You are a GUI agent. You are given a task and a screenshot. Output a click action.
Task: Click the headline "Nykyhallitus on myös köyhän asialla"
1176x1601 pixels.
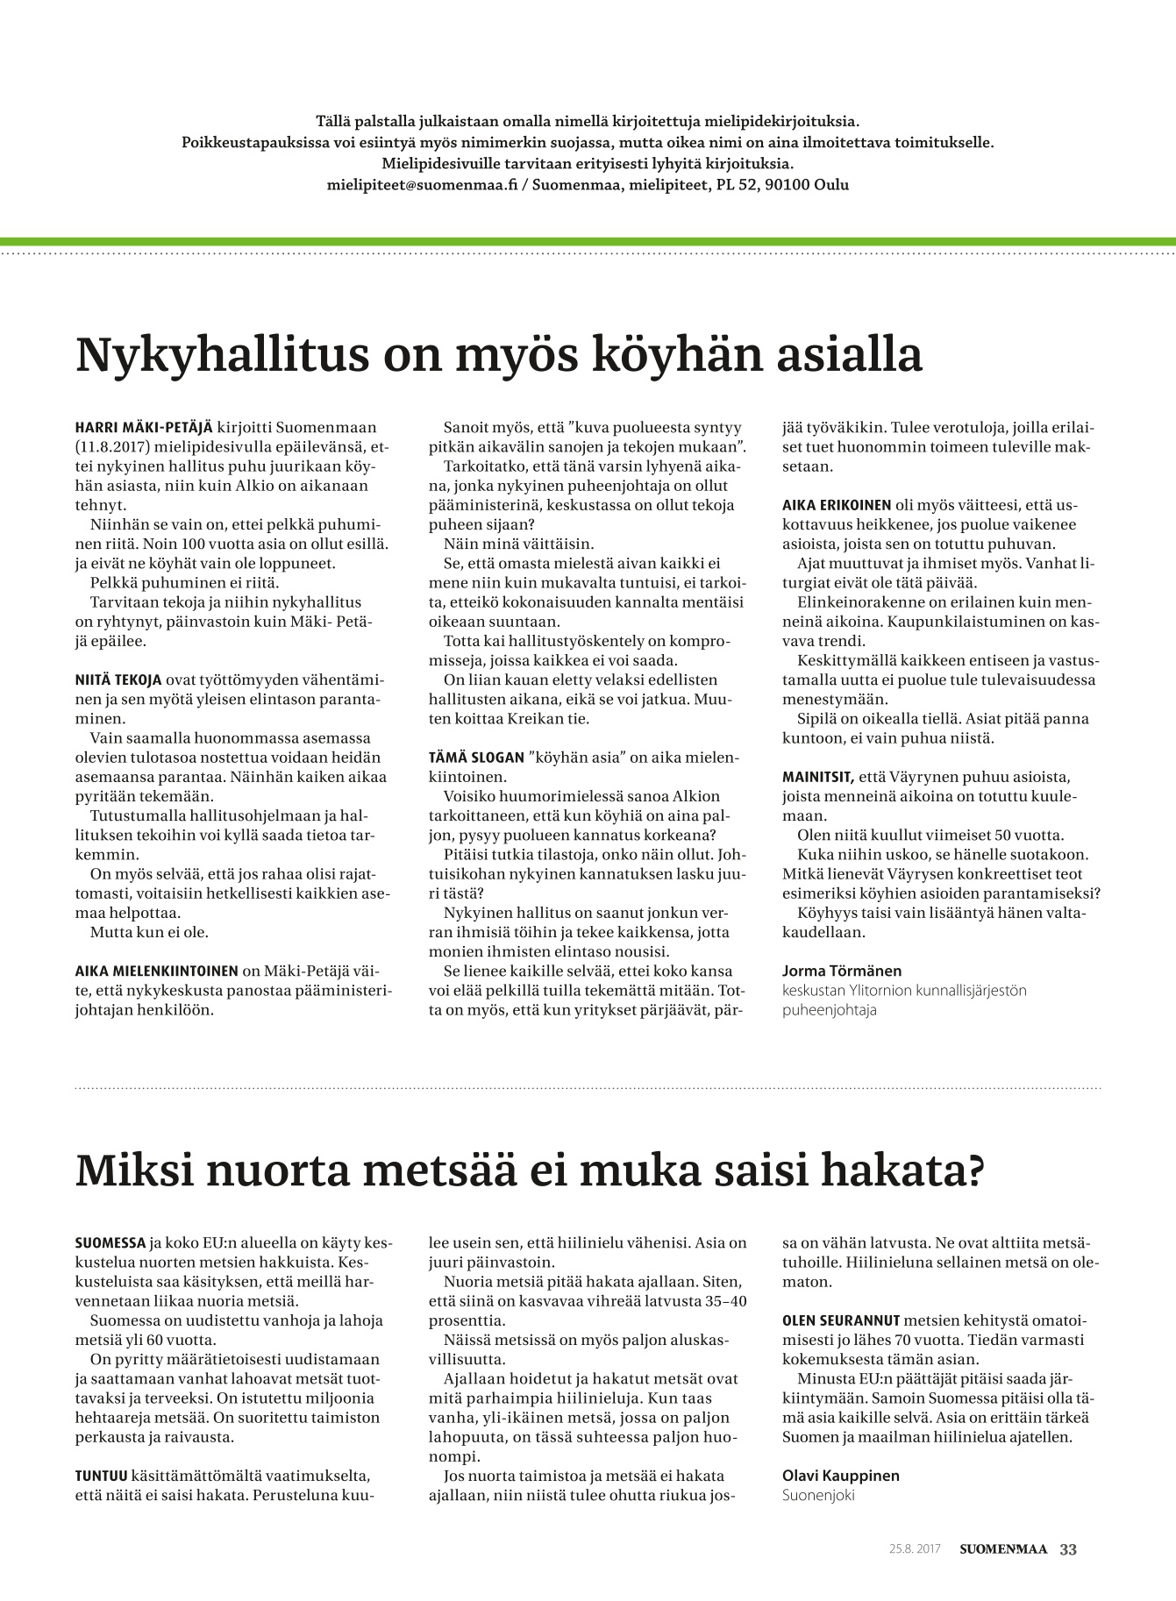point(499,355)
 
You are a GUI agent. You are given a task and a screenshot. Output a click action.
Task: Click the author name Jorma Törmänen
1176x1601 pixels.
point(841,971)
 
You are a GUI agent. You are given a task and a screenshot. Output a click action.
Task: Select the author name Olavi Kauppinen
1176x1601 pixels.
point(840,1476)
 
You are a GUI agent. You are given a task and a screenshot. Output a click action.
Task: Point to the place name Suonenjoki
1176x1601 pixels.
point(817,1495)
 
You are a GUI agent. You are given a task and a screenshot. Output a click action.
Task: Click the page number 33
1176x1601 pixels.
point(1068,1549)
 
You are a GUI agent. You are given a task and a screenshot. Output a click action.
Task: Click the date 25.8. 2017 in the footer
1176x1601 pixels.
point(914,1549)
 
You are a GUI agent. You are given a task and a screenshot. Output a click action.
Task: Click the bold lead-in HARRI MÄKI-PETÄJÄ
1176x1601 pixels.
point(144,428)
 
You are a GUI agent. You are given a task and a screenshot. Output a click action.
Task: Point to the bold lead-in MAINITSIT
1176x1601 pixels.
point(817,777)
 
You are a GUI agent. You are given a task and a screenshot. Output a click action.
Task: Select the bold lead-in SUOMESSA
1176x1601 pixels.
point(110,1243)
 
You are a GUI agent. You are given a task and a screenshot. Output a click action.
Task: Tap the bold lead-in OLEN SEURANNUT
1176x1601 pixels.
point(841,1320)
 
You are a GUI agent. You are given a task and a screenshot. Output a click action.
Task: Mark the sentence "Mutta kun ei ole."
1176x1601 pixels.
point(149,932)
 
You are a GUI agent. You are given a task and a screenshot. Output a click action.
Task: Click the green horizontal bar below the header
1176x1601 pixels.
point(588,241)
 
